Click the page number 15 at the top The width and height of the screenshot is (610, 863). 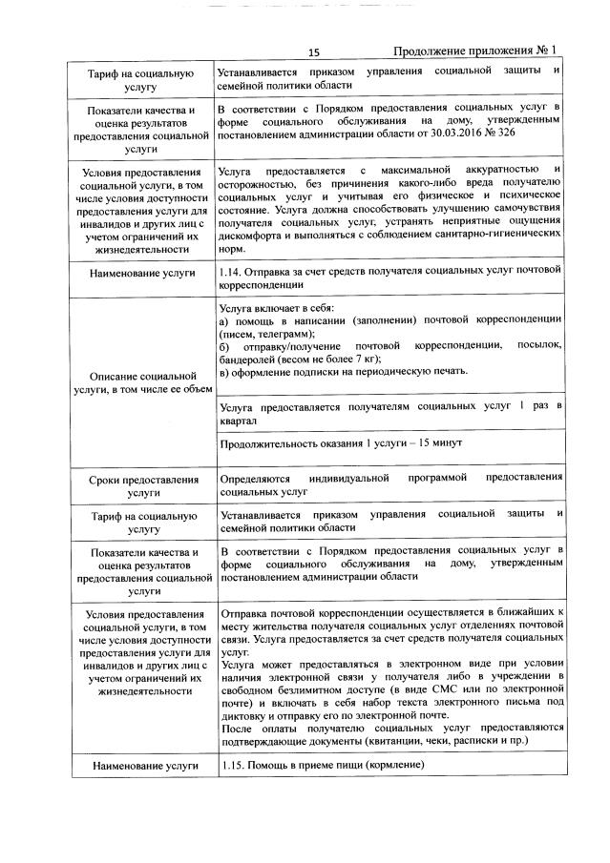pyautogui.click(x=313, y=52)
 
